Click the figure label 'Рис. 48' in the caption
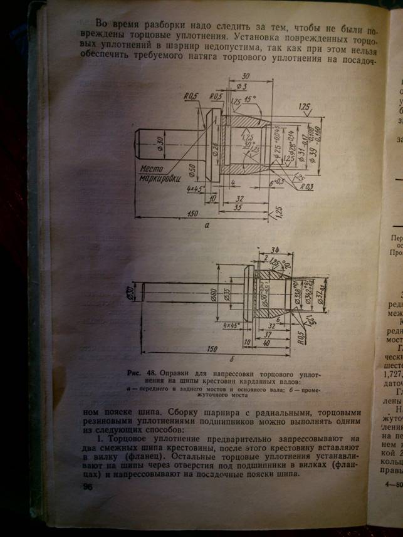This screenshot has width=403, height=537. (x=144, y=373)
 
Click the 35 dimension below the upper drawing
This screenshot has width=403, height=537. (x=239, y=206)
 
